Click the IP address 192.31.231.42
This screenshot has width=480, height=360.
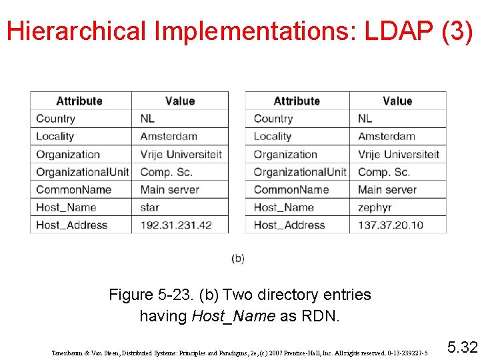[176, 225]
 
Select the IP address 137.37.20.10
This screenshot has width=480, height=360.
[391, 225]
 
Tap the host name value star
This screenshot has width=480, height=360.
[150, 207]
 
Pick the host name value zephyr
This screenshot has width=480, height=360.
[375, 207]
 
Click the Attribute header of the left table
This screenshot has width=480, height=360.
[79, 101]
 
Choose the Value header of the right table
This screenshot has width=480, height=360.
[397, 101]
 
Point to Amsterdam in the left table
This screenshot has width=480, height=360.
[169, 137]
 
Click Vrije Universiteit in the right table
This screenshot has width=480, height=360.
[399, 154]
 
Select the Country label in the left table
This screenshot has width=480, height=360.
[55, 119]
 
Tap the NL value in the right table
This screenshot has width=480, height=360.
[365, 119]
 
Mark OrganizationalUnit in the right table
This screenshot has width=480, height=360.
[300, 172]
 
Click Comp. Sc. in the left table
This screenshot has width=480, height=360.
[166, 172]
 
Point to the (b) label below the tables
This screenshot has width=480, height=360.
[238, 258]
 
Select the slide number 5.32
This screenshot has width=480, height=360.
[462, 347]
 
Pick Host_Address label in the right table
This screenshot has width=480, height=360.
[289, 225]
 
